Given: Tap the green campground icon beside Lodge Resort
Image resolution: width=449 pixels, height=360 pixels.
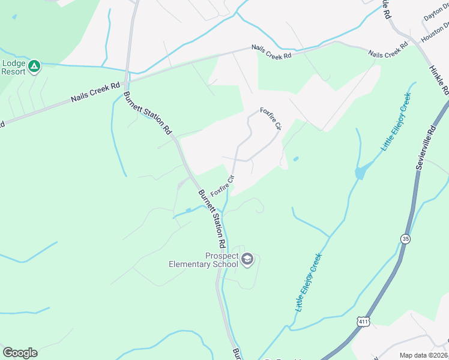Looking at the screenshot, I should [35, 66].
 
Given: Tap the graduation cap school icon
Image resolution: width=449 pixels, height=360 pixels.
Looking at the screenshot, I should [247, 260].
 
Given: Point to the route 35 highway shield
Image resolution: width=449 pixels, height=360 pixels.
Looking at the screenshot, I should [406, 239].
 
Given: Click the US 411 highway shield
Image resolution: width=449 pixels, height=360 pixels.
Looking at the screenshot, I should [363, 322].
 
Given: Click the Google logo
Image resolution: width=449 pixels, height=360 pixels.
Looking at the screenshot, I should [20, 353].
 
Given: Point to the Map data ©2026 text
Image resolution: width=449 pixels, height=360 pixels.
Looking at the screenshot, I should [423, 355].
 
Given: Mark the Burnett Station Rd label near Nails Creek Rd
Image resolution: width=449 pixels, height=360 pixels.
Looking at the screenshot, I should [147, 112].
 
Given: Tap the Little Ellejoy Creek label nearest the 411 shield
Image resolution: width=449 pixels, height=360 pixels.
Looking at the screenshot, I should [309, 281].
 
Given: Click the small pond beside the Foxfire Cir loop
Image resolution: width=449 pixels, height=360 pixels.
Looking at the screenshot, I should [295, 159].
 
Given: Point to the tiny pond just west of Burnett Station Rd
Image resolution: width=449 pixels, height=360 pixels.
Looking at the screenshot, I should [188, 211].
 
